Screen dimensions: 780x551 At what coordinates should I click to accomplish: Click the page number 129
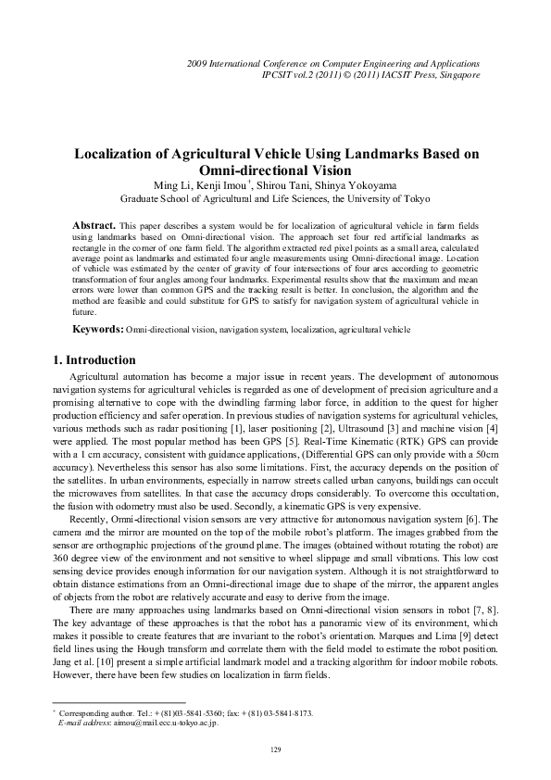point(275,749)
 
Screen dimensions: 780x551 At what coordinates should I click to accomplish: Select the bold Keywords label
point(98,329)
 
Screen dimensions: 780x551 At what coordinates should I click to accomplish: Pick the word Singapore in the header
point(457,73)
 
